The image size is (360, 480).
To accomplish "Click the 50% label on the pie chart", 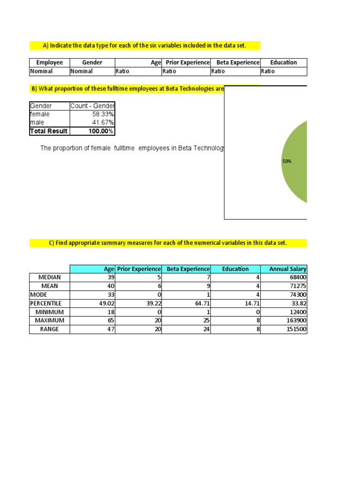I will pyautogui.click(x=287, y=161).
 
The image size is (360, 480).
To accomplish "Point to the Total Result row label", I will pyautogui.click(x=48, y=131).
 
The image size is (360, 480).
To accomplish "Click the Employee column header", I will pyautogui.click(x=49, y=62).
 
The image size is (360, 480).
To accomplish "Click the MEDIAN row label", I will pyautogui.click(x=49, y=277).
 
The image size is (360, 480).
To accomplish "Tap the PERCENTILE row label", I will pyautogui.click(x=45, y=303).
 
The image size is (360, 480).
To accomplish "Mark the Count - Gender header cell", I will pyautogui.click(x=92, y=105).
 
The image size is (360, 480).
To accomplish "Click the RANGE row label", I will pyautogui.click(x=49, y=329).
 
